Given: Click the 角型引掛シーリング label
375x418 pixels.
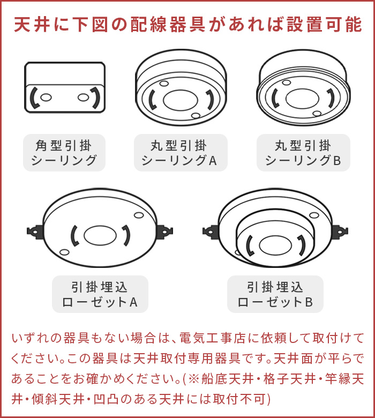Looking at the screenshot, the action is [x=64, y=153].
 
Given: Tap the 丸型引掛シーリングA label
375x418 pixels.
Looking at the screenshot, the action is [x=181, y=153].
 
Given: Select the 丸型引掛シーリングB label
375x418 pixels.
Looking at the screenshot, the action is [x=303, y=153].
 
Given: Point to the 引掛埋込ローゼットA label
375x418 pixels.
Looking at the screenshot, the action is [x=100, y=294].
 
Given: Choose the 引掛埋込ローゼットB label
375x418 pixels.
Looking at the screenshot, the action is [x=275, y=294].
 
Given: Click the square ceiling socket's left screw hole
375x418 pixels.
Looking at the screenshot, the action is [x=46, y=98].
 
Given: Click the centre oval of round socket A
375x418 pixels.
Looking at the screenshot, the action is [x=181, y=100].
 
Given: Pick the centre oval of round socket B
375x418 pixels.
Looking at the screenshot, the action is [x=302, y=99].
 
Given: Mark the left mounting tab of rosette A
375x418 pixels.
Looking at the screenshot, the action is [x=35, y=232].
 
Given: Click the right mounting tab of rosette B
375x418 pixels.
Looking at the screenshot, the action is [x=339, y=232].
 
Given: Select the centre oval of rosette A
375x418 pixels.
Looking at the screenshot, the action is [x=100, y=236].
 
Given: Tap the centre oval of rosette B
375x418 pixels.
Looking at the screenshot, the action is [x=275, y=245].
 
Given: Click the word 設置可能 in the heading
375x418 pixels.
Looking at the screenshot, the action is [x=324, y=25].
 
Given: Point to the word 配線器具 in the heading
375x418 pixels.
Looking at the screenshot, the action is [x=168, y=25].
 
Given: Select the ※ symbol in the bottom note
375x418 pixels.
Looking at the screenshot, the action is [x=193, y=379].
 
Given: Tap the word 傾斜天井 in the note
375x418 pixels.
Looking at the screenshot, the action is [x=58, y=399].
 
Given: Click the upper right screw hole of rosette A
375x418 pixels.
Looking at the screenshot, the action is [x=139, y=215].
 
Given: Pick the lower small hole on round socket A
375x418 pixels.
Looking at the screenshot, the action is [x=196, y=116].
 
